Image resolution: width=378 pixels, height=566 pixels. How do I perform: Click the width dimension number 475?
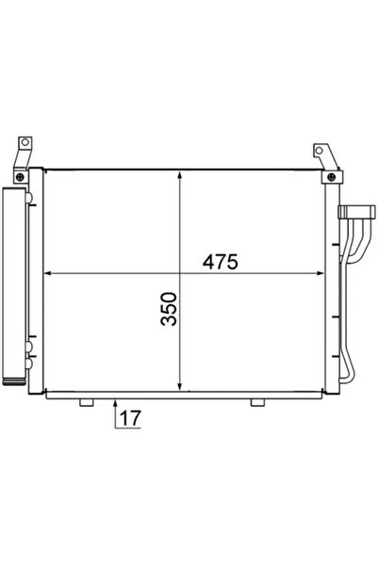pos(218,262)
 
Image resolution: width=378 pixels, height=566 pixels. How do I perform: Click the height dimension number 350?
pos(169,308)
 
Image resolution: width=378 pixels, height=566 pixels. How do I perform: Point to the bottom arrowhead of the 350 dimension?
pos(179,388)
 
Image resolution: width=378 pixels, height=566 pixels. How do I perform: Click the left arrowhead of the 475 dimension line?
pos(49,275)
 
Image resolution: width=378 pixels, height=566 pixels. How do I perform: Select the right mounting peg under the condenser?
pos(256,403)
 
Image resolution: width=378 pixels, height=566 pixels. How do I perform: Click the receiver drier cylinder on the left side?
pos(15,283)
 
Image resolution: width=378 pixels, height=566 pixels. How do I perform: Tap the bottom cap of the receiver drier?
pos(15,380)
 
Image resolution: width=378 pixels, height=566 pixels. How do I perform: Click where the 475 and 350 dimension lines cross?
pos(179,275)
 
